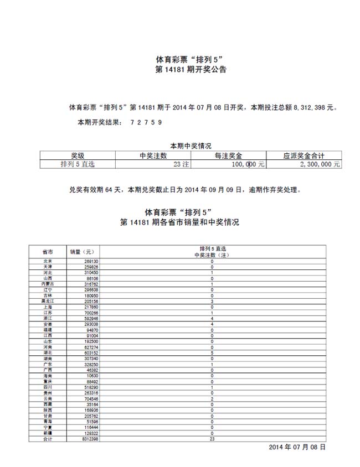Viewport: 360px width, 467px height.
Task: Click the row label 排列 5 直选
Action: tap(78, 164)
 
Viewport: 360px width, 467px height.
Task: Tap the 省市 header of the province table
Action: tap(48, 251)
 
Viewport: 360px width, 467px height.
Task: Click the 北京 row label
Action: tap(48, 261)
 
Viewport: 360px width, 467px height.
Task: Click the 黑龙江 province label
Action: tap(48, 301)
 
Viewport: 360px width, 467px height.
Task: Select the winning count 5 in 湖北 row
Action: tap(212, 352)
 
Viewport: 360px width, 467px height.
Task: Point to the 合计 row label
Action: tap(48, 439)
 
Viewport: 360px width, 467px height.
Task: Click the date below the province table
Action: tap(297, 447)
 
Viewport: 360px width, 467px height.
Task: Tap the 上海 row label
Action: tap(48, 307)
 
